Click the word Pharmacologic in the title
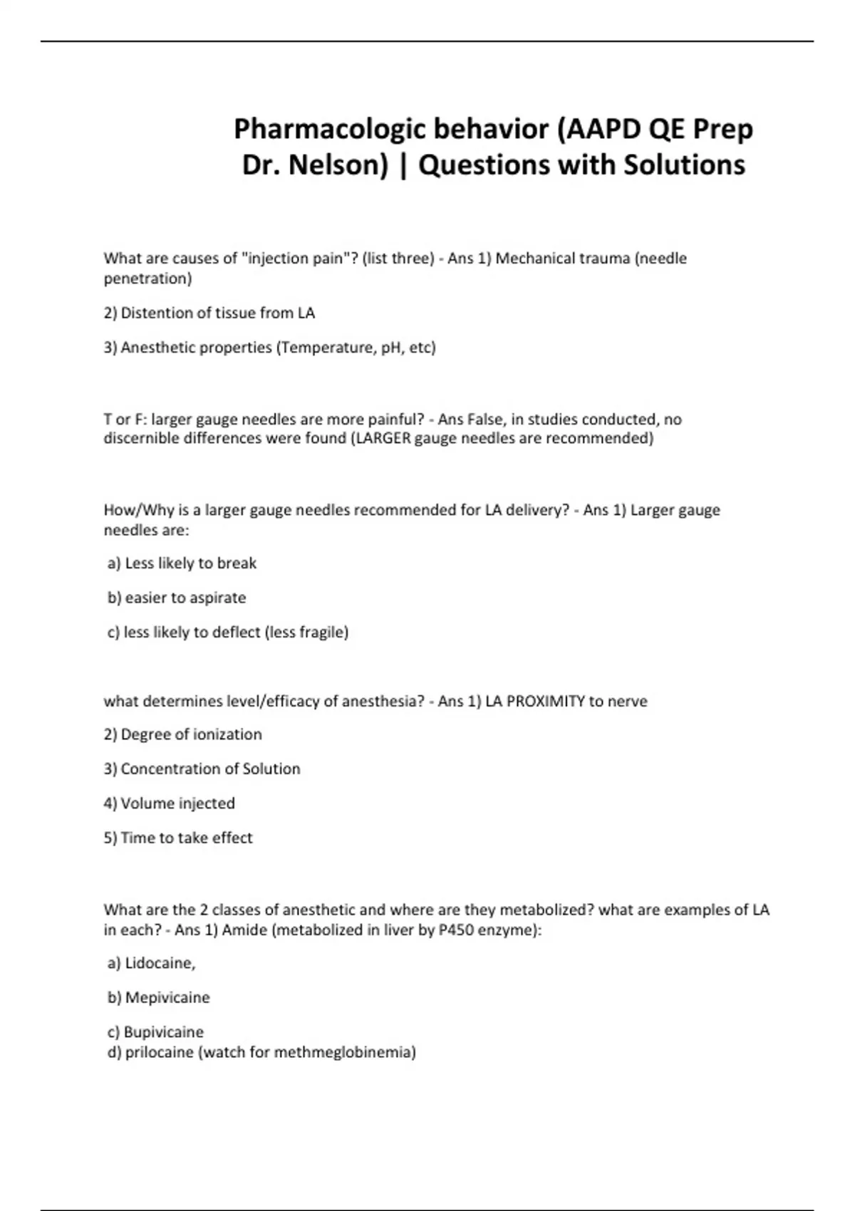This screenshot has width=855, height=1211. pos(330,130)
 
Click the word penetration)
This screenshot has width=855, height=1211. pos(147,279)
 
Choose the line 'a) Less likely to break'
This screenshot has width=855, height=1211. pos(182,563)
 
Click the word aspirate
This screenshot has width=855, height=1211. pos(217,598)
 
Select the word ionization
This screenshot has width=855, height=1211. pos(227,734)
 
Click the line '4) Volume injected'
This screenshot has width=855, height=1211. pos(169,804)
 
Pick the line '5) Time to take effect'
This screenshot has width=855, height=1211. pos(178,838)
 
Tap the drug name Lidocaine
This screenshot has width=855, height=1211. pos(160,963)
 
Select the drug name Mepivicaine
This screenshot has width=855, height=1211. pos(167,997)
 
